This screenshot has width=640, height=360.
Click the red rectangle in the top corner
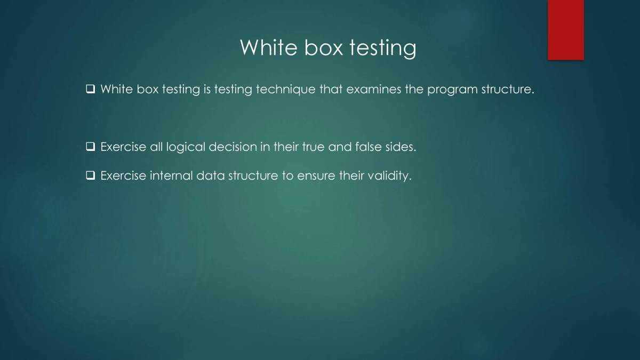coord(565,30)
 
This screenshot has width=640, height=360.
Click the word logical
coord(186,147)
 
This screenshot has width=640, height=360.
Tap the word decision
coord(233,147)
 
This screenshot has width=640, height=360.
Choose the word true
coord(314,147)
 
